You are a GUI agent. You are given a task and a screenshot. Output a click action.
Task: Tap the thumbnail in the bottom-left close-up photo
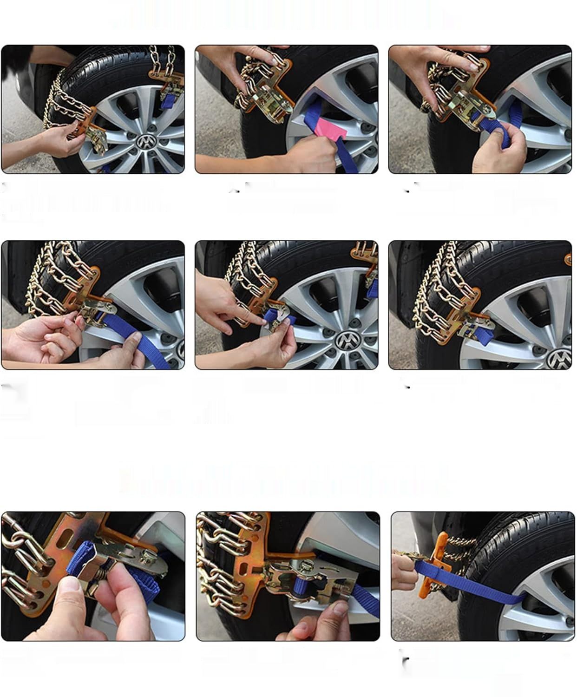pos(70,586)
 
